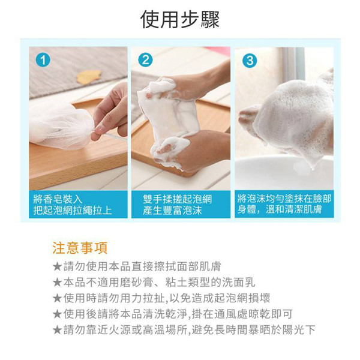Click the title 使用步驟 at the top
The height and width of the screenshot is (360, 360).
coord(180,20)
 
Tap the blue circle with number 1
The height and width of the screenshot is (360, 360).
coord(43,60)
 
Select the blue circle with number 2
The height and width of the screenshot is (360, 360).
coord(145,60)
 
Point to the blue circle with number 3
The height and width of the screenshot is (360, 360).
coord(250,61)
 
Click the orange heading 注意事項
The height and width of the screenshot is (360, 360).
coord(80,248)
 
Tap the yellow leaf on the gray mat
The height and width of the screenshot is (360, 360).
coord(88,76)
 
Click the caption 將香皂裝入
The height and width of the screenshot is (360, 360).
coord(58,199)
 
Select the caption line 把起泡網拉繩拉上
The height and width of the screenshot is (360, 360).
coord(73,211)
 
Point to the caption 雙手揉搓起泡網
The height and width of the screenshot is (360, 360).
coord(178,199)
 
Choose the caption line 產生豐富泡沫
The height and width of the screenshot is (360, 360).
coord(172,211)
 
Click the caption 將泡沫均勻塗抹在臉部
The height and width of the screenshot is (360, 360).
coord(284,199)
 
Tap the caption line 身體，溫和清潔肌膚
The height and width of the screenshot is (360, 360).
coord(280,209)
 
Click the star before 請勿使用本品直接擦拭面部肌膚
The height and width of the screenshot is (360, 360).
coord(57,267)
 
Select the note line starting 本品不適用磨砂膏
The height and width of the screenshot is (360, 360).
coord(154,283)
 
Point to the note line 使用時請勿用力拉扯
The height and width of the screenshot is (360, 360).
coord(161,298)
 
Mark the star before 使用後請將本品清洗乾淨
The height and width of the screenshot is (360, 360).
coord(57,314)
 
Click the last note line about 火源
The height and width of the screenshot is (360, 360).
coord(184,330)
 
